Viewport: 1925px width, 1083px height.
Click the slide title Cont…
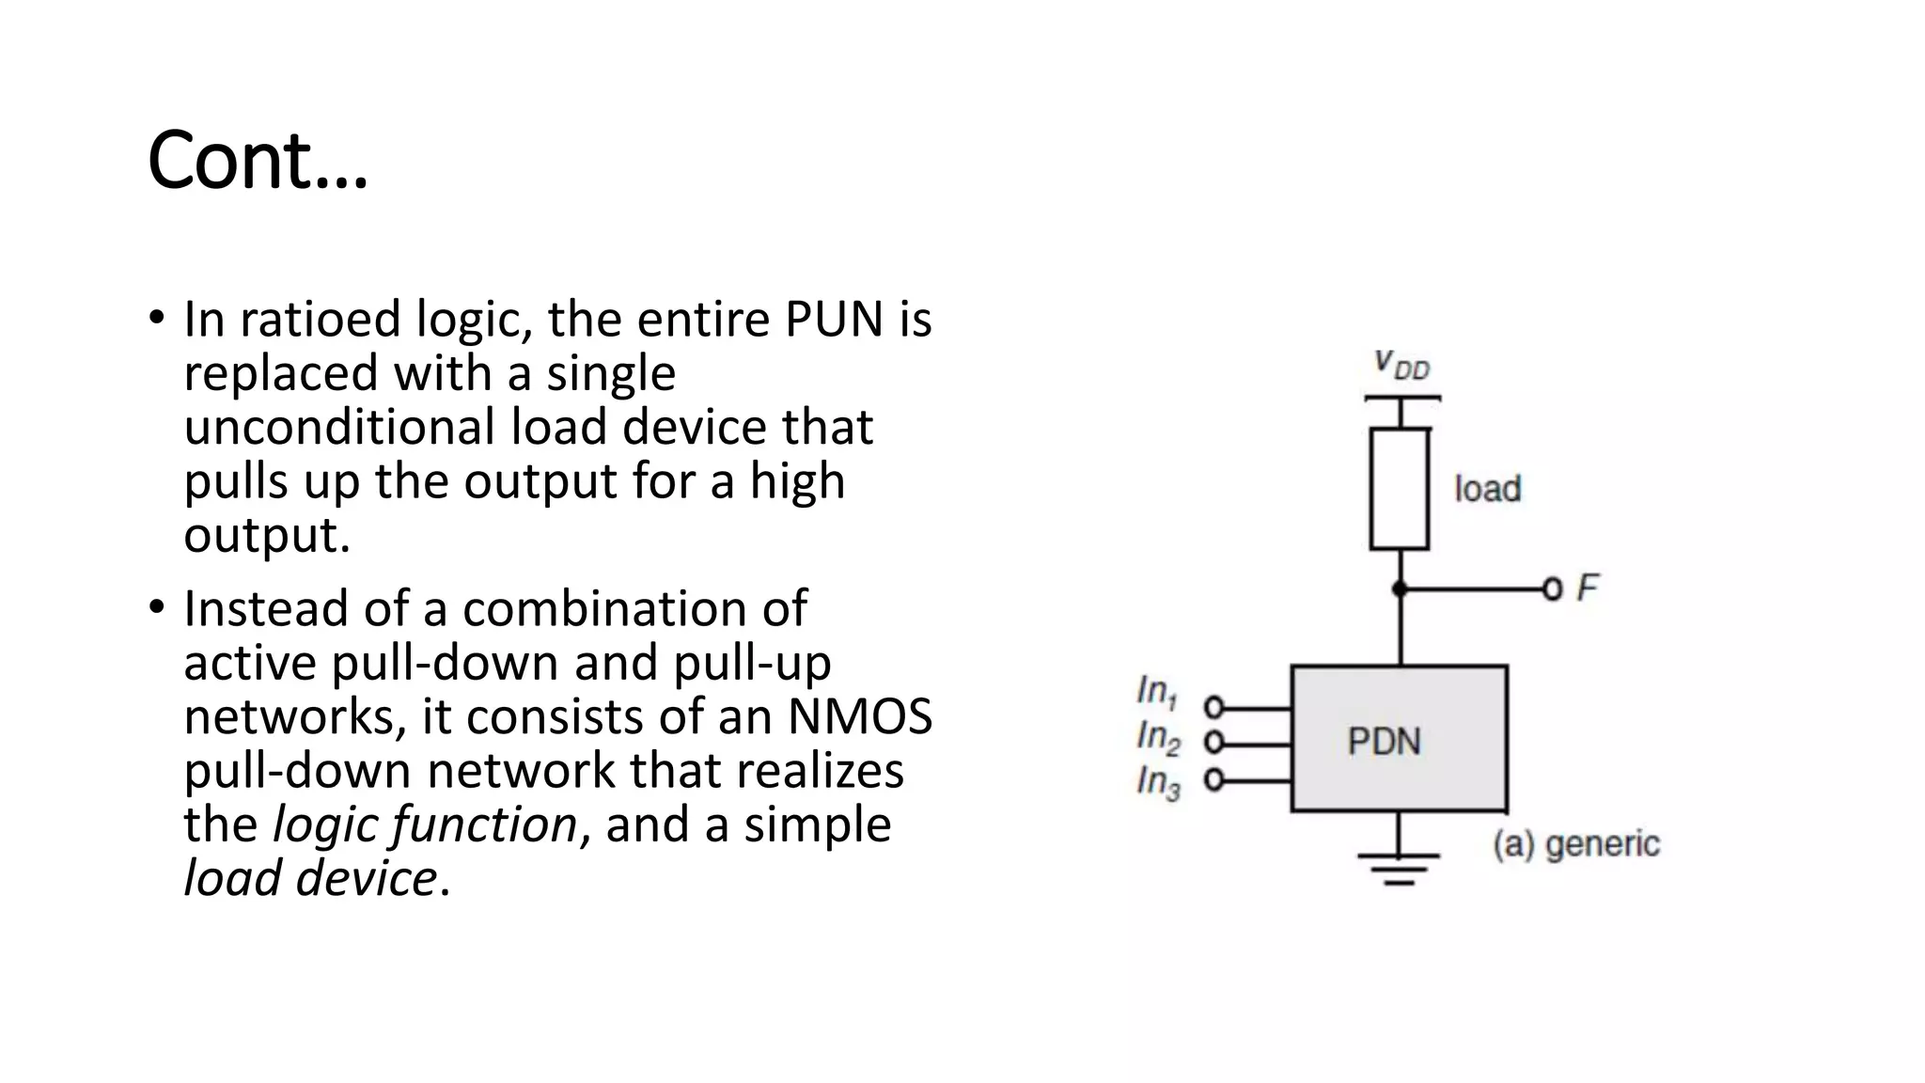tap(258, 160)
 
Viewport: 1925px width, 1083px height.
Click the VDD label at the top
tap(1401, 364)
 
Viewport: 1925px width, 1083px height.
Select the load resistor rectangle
tap(1400, 489)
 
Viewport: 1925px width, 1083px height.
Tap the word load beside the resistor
tap(1487, 489)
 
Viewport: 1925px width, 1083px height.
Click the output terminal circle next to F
tap(1552, 589)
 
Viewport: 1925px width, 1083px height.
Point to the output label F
tap(1587, 589)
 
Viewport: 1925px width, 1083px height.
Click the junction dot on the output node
tap(1400, 589)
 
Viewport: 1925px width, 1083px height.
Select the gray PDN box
tap(1399, 739)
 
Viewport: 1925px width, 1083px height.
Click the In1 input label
tap(1156, 692)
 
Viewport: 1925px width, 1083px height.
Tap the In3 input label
tap(1157, 781)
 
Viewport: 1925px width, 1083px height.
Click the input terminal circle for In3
tap(1213, 780)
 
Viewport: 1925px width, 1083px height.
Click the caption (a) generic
tap(1575, 843)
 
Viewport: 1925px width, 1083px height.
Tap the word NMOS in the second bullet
tap(859, 716)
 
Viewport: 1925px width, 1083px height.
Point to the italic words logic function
tap(424, 824)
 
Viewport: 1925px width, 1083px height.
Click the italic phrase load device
tap(310, 878)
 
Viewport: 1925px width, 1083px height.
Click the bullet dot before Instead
tap(156, 606)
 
